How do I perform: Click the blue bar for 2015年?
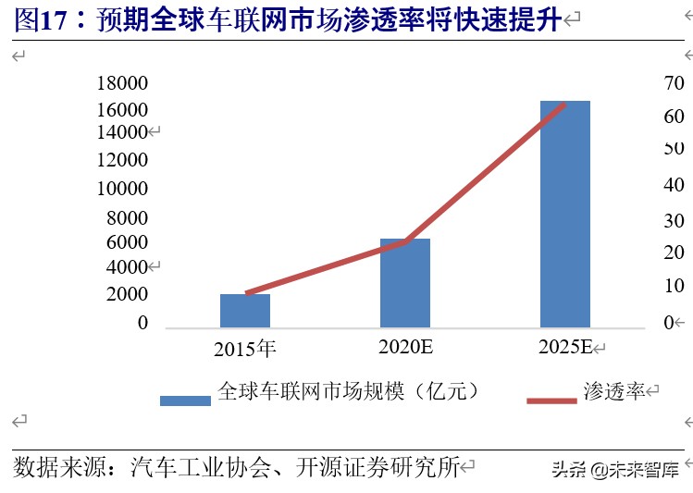click(x=245, y=311)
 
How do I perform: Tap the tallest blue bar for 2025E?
click(x=564, y=214)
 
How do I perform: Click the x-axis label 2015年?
click(x=245, y=349)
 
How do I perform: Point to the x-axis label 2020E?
click(x=405, y=348)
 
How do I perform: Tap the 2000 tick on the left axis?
click(x=127, y=294)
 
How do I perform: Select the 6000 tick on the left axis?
click(x=127, y=242)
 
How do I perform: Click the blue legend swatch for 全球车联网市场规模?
click(x=185, y=401)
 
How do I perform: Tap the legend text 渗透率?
click(x=614, y=391)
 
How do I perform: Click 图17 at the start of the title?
click(x=41, y=20)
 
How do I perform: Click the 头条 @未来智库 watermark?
click(x=614, y=470)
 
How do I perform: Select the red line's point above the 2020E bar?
click(x=405, y=242)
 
